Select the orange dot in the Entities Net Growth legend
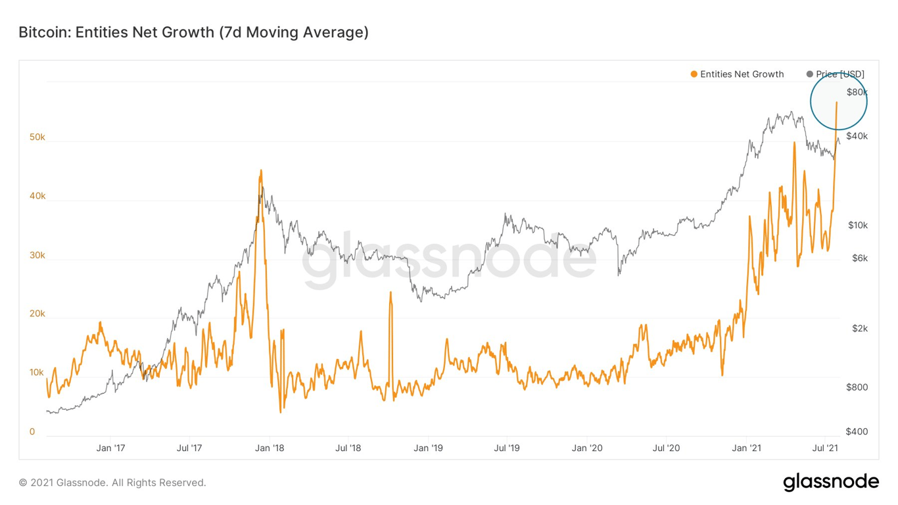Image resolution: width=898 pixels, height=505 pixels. tap(694, 74)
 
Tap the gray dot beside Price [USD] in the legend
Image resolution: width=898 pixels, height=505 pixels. tap(809, 74)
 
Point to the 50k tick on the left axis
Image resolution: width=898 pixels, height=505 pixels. tap(37, 137)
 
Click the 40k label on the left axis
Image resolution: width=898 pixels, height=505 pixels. tap(37, 196)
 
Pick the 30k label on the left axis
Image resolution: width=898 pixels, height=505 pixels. tap(37, 255)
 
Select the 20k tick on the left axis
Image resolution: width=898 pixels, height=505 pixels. tap(37, 314)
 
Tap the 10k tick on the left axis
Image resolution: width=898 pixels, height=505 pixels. tap(37, 373)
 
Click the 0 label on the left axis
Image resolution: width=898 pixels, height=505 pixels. tap(32, 432)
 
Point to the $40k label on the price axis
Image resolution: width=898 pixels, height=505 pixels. tap(857, 136)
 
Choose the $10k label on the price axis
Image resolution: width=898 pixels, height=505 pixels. tap(857, 225)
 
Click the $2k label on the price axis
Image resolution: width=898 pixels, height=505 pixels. tap(859, 328)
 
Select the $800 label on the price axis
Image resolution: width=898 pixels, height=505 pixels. tap(857, 387)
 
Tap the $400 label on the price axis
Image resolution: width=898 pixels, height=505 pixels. tap(857, 431)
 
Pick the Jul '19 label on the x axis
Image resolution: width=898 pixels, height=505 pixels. tap(507, 448)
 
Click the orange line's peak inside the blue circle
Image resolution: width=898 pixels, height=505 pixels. tap(836, 103)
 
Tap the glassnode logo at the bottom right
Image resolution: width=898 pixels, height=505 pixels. tap(831, 482)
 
